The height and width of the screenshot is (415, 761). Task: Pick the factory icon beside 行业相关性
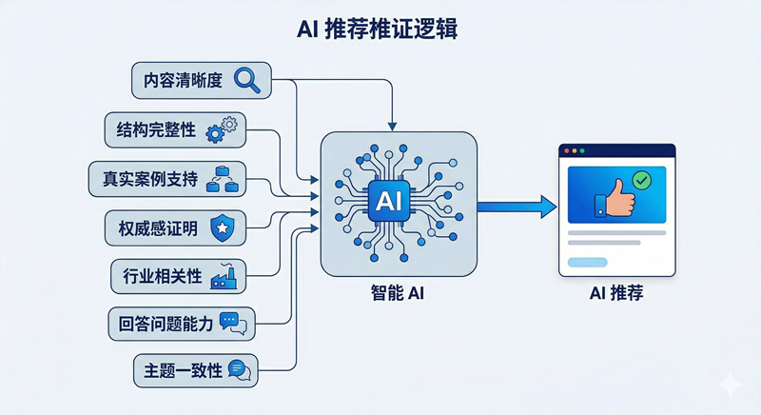pyautogui.click(x=224, y=276)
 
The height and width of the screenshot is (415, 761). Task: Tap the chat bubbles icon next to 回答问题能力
pyautogui.click(x=232, y=324)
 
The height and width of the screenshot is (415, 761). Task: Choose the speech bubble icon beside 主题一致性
pyautogui.click(x=240, y=370)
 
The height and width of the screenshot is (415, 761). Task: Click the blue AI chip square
pyautogui.click(x=391, y=201)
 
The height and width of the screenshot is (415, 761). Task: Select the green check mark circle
pyautogui.click(x=642, y=180)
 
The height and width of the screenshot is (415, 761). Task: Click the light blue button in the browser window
pyautogui.click(x=587, y=262)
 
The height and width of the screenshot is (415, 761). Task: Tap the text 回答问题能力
pyautogui.click(x=162, y=324)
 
